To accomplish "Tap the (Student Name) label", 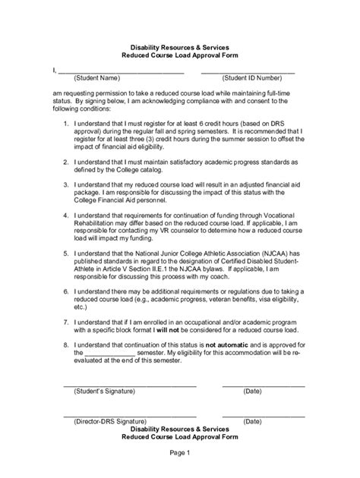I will pos(96,78).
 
